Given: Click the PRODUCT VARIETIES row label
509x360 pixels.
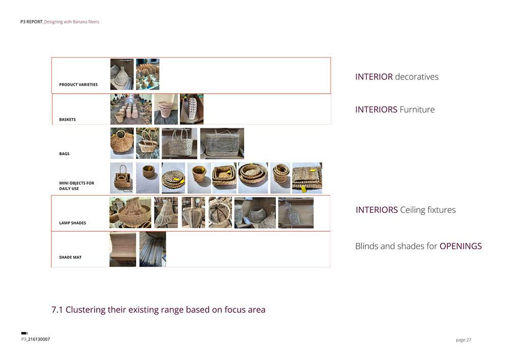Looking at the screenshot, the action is pyautogui.click(x=78, y=85).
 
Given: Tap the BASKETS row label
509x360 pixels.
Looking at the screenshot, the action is pyautogui.click(x=67, y=120).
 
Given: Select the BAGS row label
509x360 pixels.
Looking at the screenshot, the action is pyautogui.click(x=64, y=154).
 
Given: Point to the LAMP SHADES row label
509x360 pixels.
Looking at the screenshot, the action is pyautogui.click(x=72, y=223).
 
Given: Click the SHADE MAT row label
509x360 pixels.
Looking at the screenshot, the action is pyautogui.click(x=70, y=257).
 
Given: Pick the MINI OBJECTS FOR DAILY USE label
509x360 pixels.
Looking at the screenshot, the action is pyautogui.click(x=77, y=186).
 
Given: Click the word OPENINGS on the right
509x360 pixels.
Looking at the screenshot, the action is pyautogui.click(x=461, y=246).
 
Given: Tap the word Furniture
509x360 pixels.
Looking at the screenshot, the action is pyautogui.click(x=417, y=109).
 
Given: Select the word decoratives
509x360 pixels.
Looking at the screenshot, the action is pyautogui.click(x=417, y=76).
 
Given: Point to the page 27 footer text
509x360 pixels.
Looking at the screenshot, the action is pyautogui.click(x=464, y=340).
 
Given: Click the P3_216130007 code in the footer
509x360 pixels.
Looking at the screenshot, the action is pyautogui.click(x=36, y=339).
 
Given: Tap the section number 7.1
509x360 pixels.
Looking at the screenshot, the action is pyautogui.click(x=57, y=310).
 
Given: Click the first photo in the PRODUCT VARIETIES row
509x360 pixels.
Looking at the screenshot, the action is pyautogui.click(x=122, y=74).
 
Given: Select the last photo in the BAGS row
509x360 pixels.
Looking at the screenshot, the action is pyautogui.click(x=222, y=143).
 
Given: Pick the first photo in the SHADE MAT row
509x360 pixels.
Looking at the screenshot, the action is pyautogui.click(x=123, y=249).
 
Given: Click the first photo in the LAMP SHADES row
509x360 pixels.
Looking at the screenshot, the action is pyautogui.click(x=130, y=212).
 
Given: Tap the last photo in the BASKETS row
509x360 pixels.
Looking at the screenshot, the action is pyautogui.click(x=192, y=109).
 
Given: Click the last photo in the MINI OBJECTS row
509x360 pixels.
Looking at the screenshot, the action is pyautogui.click(x=307, y=178).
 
